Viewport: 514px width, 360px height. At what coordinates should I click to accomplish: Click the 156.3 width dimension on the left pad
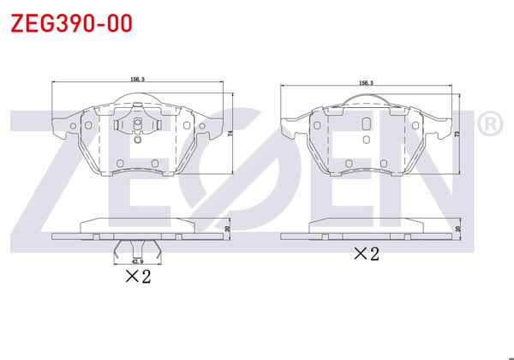tap(137, 79)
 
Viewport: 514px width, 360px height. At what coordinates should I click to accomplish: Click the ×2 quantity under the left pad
tap(138, 276)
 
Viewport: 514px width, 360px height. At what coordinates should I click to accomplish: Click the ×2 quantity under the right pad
tap(367, 255)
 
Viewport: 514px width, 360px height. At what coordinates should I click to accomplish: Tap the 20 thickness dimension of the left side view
tap(227, 229)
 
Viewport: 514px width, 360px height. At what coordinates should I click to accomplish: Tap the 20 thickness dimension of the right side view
tap(458, 229)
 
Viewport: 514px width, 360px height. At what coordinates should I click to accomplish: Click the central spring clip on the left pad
tap(138, 128)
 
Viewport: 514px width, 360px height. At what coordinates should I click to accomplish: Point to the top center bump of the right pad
tap(367, 100)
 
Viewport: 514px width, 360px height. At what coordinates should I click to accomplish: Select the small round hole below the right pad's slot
tap(367, 140)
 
